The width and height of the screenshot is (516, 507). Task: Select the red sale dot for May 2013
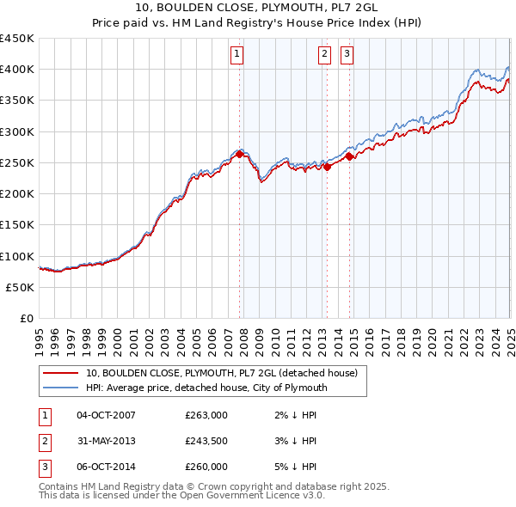328,168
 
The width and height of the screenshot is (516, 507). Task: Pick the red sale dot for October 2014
349,156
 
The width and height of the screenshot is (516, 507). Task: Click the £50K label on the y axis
21,288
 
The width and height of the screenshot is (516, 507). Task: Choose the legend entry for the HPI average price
206,388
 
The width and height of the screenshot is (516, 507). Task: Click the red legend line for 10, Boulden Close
61,373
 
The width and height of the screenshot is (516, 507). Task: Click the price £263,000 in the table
206,415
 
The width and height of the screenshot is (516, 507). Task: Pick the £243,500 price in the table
206,442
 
